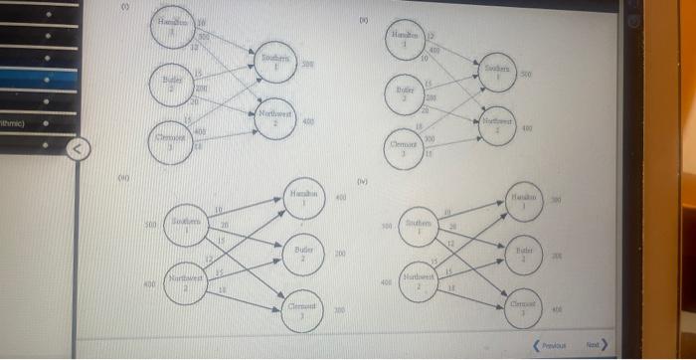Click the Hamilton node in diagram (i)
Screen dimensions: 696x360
pyautogui.click(x=176, y=27)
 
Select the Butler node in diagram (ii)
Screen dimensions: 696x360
pyautogui.click(x=404, y=95)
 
